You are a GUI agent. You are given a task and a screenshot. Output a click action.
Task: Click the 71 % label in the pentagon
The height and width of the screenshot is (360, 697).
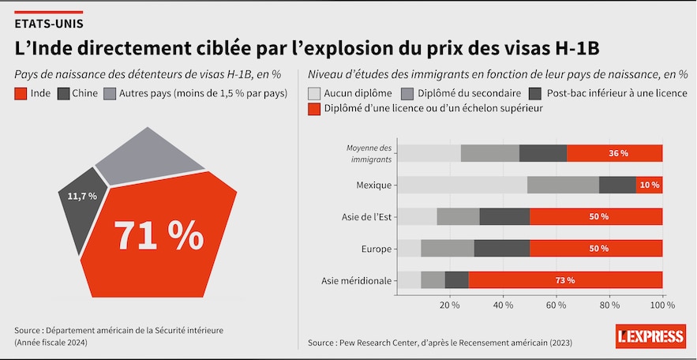click(x=159, y=234)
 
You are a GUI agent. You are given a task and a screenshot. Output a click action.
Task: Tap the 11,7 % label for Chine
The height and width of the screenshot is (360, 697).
click(x=82, y=196)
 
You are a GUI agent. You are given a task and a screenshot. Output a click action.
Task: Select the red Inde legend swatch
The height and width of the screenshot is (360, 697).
click(x=21, y=94)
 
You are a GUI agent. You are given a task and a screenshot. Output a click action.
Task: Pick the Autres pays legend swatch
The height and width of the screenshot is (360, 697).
click(x=110, y=94)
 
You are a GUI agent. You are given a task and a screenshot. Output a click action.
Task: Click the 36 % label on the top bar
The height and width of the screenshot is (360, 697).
click(x=618, y=153)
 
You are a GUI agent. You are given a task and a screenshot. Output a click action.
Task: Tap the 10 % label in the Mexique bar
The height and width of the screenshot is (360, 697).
click(x=650, y=185)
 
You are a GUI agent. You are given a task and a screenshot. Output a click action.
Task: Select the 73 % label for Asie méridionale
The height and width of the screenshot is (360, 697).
click(x=564, y=280)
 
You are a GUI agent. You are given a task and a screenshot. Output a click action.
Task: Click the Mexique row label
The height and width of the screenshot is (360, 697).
click(x=374, y=185)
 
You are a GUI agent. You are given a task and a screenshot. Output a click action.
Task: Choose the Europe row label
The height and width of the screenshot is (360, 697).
click(x=377, y=249)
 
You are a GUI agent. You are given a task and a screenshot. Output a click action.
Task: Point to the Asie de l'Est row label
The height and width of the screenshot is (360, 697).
click(x=365, y=217)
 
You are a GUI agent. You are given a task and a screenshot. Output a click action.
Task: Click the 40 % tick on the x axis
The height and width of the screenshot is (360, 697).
click(x=503, y=306)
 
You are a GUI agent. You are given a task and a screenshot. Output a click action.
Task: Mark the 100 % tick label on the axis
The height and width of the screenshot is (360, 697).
click(x=661, y=306)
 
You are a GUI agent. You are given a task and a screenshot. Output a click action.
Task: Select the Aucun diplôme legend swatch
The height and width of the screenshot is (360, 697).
click(x=314, y=92)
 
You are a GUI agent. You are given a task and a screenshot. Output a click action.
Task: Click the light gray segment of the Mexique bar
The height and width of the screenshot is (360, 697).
click(x=462, y=185)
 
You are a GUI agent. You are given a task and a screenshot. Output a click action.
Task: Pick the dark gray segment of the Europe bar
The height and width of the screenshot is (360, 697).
click(x=501, y=249)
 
